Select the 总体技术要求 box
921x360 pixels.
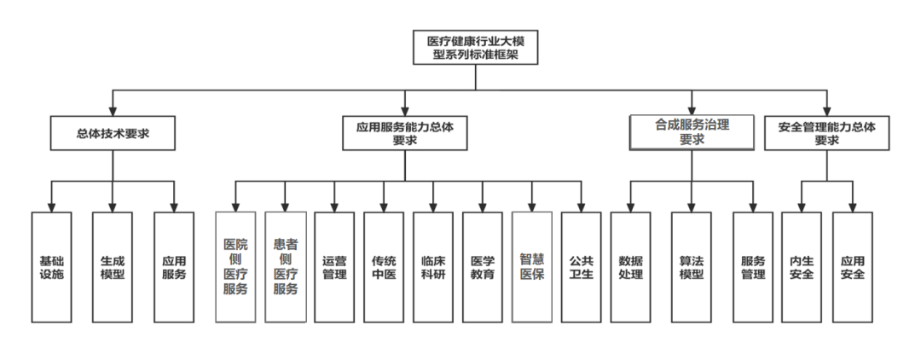(113, 134)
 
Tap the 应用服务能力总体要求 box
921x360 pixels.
(405, 133)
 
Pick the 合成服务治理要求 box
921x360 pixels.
(692, 131)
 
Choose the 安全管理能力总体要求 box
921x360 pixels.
(826, 133)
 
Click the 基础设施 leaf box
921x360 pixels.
(51, 266)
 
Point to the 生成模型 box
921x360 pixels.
(113, 266)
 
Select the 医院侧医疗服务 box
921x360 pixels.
(235, 266)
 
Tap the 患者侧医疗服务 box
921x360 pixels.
(285, 266)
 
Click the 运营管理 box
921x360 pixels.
(334, 266)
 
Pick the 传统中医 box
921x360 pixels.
(384, 266)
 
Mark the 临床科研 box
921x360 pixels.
(433, 266)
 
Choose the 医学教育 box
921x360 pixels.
(483, 266)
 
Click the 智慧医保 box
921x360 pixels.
(532, 266)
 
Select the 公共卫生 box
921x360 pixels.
(582, 266)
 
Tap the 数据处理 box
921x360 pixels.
(631, 266)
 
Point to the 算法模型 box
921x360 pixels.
(692, 266)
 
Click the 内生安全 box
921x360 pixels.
(802, 266)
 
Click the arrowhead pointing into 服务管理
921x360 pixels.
(753, 206)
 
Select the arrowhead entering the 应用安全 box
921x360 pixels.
(853, 206)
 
